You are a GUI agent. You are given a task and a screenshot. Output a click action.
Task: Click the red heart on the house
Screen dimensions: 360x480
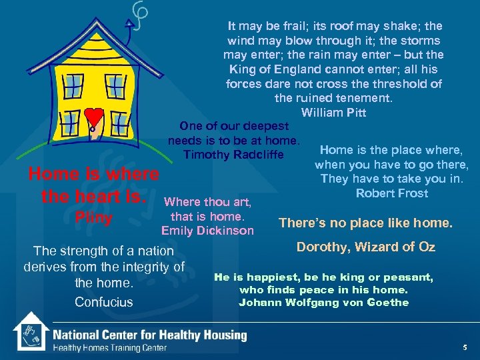pos(95,117)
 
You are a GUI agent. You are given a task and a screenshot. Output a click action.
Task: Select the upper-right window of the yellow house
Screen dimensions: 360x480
pos(115,85)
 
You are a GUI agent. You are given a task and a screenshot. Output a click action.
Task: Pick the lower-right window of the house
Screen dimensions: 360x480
pos(120,123)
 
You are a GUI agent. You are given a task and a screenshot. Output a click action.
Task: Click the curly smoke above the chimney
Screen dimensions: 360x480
pos(141,15)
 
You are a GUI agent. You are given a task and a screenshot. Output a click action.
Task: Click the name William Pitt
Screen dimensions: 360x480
pos(333,112)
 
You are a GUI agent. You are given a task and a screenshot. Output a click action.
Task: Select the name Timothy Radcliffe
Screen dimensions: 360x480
pos(233,155)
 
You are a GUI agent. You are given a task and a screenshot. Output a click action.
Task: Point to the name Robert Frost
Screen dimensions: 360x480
pos(392,193)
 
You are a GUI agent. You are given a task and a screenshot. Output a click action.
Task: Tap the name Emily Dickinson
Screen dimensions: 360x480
pos(207,231)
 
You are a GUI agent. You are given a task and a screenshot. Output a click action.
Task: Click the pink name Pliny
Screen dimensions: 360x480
pos(93,217)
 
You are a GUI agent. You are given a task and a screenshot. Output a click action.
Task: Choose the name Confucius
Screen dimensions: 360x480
pos(103,302)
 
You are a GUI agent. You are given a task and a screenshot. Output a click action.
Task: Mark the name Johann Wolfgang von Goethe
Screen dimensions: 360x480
pos(323,303)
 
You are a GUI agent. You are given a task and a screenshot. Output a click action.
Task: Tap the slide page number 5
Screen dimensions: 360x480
pos(464,347)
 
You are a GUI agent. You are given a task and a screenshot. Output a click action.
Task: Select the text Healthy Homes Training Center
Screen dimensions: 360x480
pos(109,347)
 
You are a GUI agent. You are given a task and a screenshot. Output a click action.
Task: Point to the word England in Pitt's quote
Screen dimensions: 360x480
pos(291,69)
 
